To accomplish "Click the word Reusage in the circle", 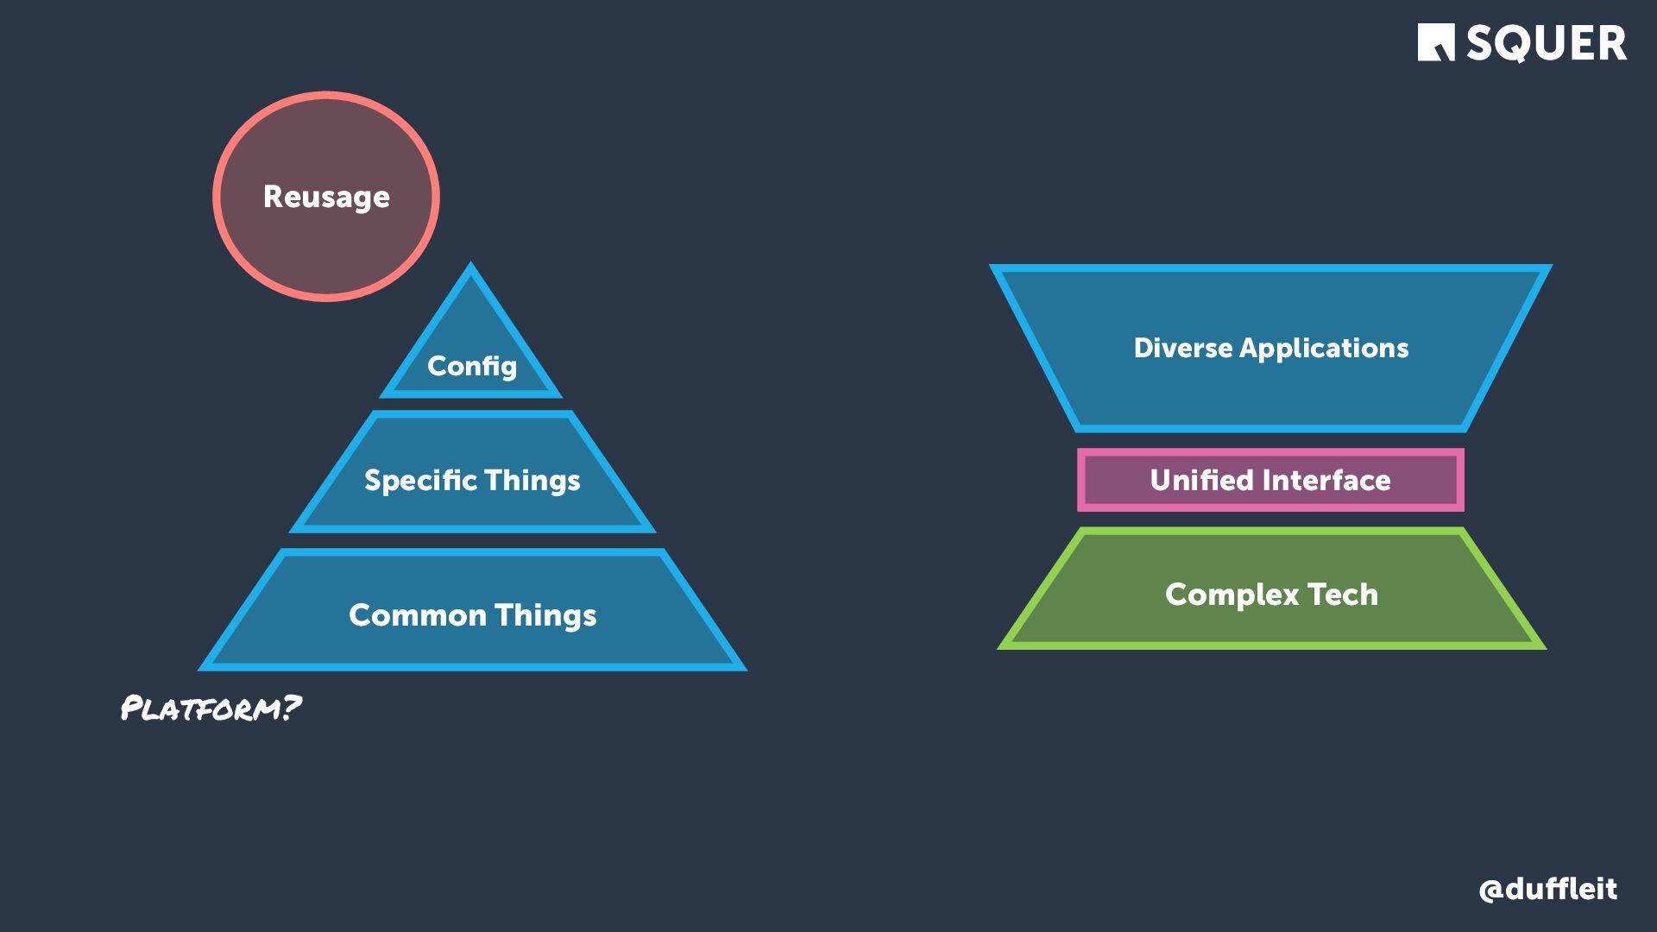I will [326, 197].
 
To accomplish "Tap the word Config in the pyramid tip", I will [471, 366].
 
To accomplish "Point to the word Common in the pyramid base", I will [418, 615].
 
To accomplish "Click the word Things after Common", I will [545, 615].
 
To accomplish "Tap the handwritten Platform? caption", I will [210, 708].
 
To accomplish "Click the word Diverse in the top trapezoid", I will [1182, 348].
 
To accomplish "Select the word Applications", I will [1324, 348].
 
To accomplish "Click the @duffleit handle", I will [1547, 889].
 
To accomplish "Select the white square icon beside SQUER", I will [1435, 42].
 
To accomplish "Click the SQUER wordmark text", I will [1547, 43].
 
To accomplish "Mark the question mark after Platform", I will [292, 707].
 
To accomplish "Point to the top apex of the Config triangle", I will [470, 265].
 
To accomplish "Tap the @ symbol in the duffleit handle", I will [1490, 890].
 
